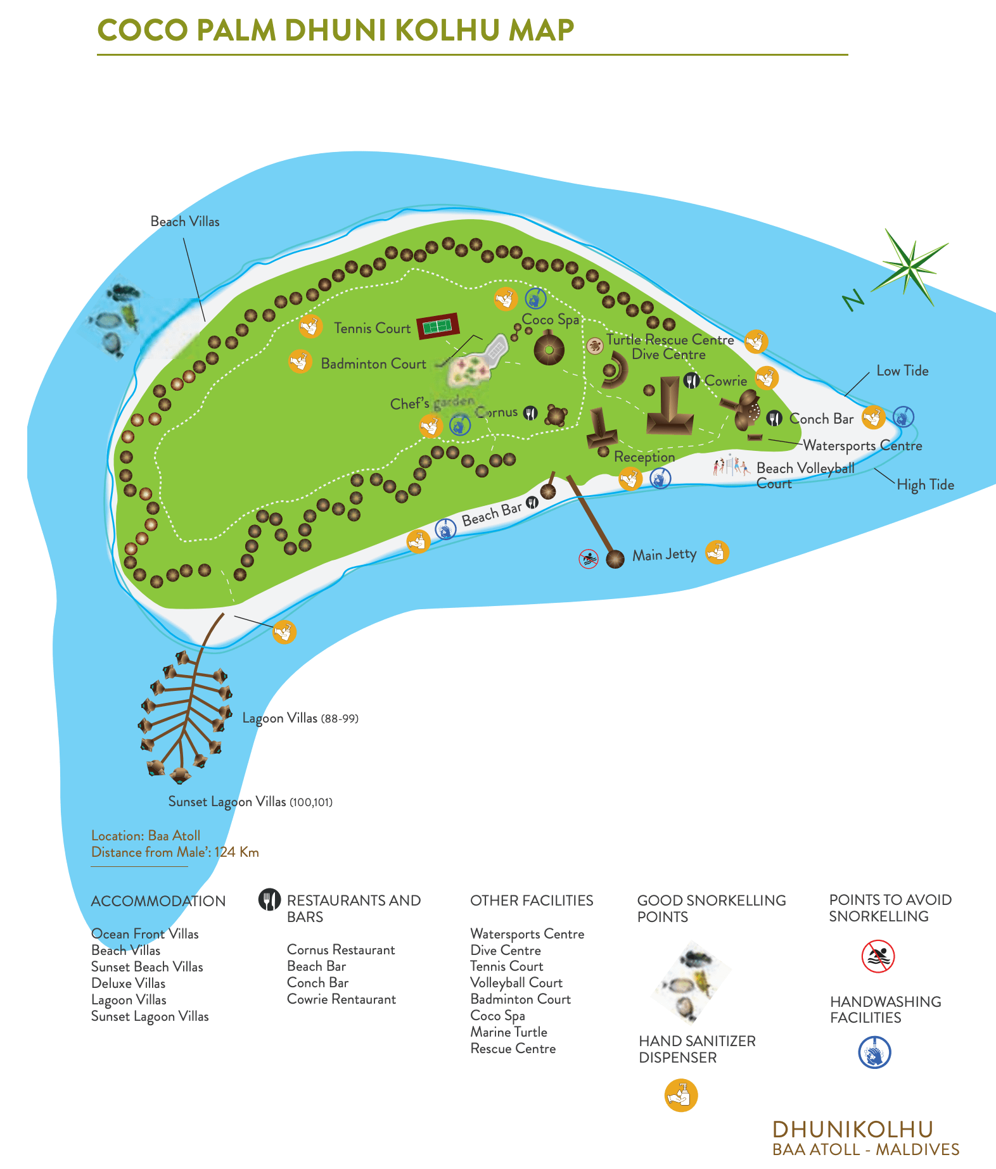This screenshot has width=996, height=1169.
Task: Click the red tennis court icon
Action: point(438,326)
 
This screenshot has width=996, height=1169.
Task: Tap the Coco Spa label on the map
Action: point(550,320)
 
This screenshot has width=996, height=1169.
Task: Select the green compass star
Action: point(910,267)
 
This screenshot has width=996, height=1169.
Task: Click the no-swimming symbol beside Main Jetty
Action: point(589,559)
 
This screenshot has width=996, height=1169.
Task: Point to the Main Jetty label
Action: point(664,555)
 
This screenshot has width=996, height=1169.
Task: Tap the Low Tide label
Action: point(902,371)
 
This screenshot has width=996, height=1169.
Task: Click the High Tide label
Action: point(925,485)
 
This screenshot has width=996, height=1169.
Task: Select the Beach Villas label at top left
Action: point(184,222)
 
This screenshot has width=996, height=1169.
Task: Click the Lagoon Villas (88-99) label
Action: point(300,718)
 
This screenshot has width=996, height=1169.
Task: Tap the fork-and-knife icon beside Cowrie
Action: point(692,381)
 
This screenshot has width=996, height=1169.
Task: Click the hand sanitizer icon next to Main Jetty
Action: point(717,552)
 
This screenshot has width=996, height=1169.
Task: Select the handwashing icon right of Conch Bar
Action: point(903,417)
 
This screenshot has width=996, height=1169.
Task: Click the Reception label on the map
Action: point(644,457)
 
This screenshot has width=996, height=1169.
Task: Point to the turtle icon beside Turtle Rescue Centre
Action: point(594,345)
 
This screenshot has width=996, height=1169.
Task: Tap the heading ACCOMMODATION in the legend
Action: point(158,901)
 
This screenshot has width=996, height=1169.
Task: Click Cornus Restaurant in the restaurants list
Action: point(340,950)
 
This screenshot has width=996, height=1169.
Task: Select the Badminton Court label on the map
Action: point(373,364)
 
